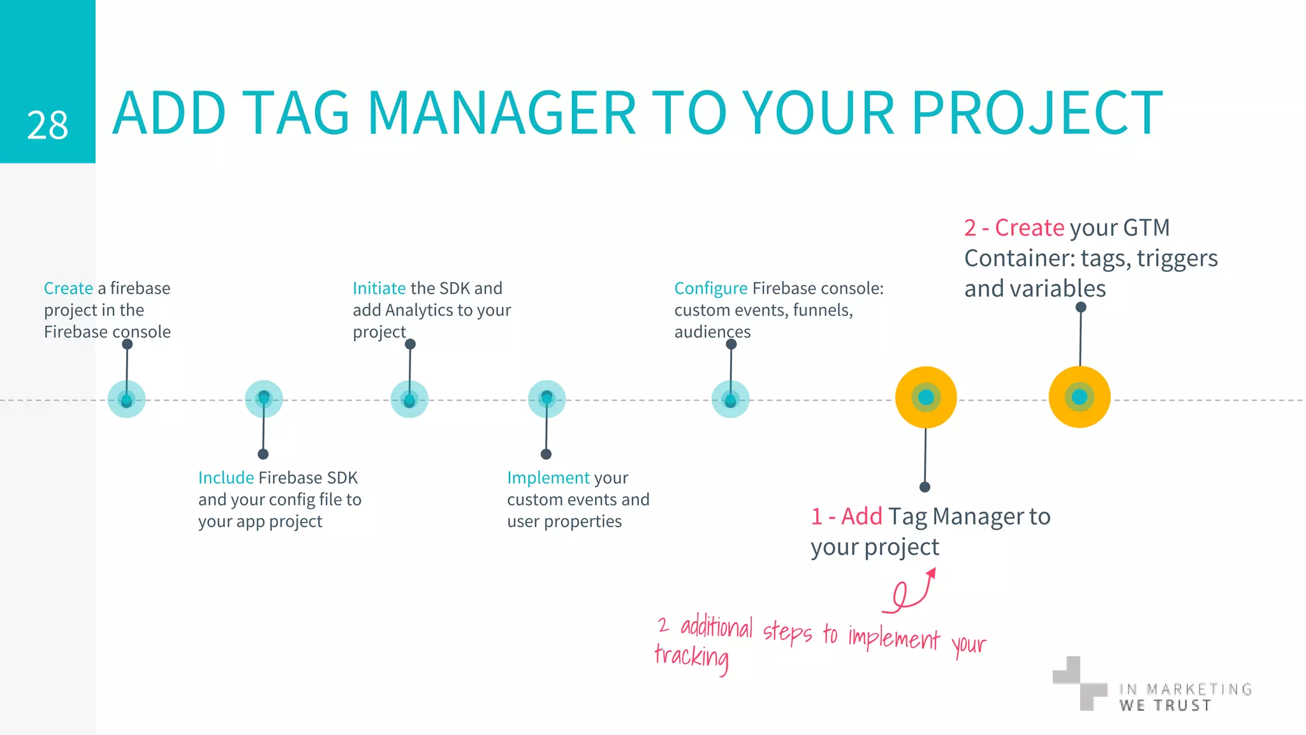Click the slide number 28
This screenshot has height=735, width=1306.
(47, 125)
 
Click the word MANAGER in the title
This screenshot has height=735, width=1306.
(501, 114)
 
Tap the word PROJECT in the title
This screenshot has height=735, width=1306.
(1037, 114)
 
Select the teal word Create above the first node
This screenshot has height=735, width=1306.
(68, 288)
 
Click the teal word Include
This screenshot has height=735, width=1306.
(226, 478)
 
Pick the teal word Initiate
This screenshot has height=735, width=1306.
(379, 288)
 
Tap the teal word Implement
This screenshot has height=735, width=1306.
(548, 478)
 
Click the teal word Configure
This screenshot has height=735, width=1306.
(710, 288)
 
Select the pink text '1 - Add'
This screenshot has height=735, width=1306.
(846, 516)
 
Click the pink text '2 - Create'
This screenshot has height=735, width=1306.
(1014, 228)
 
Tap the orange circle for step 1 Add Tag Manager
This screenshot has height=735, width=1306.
(926, 397)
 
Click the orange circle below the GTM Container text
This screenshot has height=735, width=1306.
(1080, 397)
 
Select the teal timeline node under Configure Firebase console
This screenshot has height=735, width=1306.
(730, 399)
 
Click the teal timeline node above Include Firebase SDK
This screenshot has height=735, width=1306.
(263, 399)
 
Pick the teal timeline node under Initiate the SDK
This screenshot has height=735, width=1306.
(409, 399)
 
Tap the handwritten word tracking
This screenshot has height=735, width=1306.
(692, 657)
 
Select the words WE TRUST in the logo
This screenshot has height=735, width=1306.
(1165, 706)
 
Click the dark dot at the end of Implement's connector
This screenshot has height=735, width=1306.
(546, 454)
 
